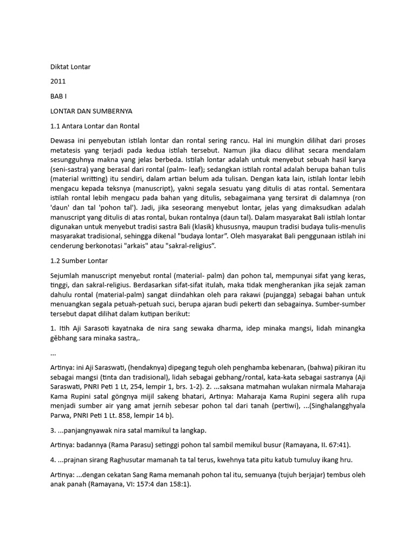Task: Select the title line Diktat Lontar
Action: [70, 67]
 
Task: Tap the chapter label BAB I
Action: [57, 96]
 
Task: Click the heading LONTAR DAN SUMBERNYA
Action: [91, 111]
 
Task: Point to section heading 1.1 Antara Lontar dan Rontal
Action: [95, 126]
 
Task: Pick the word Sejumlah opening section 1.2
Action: [66, 275]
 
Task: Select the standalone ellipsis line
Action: [53, 353]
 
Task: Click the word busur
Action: [268, 445]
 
